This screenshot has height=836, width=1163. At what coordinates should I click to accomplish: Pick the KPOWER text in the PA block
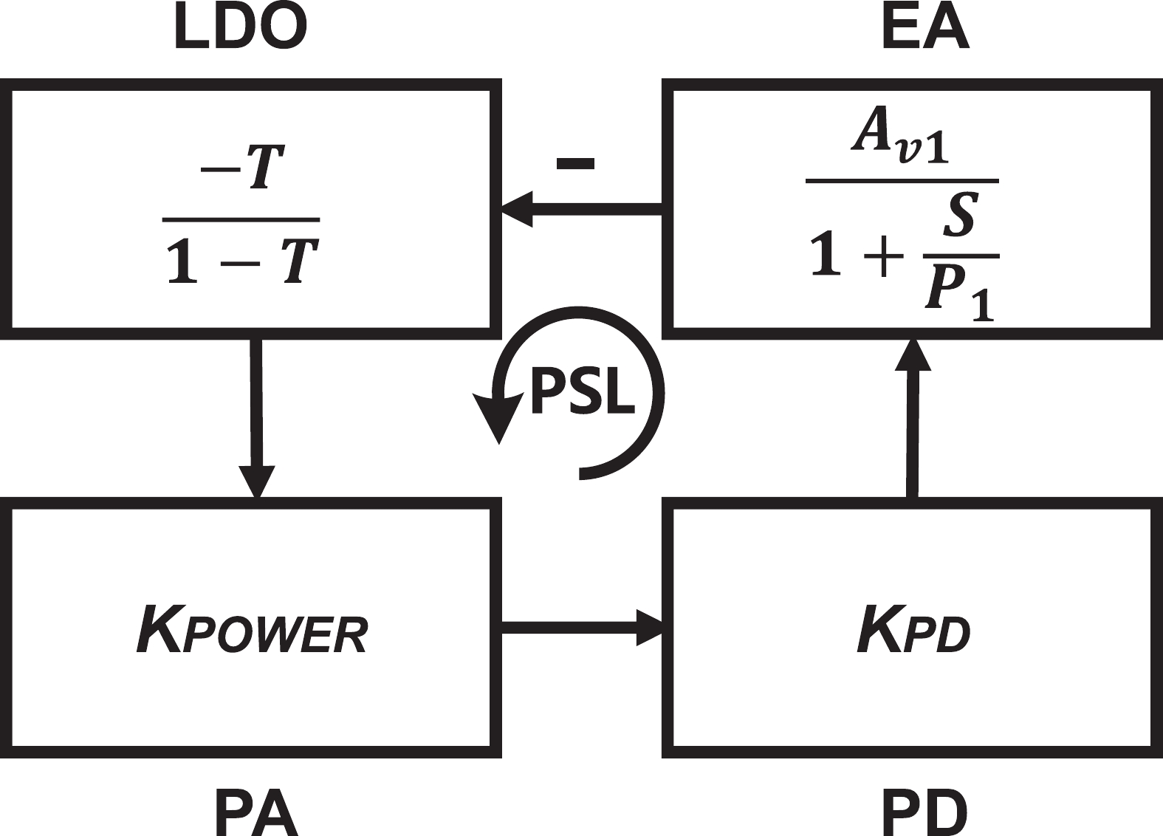(252, 630)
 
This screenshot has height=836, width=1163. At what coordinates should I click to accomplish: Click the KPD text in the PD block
(913, 630)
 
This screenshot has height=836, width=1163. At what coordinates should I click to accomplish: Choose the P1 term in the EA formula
(958, 293)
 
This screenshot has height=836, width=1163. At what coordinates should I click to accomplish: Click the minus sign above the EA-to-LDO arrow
(575, 163)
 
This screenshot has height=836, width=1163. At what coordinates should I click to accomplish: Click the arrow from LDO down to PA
(256, 414)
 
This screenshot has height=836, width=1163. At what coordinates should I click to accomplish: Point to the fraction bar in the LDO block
(241, 219)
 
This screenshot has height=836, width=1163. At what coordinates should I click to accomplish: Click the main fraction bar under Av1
(902, 179)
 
